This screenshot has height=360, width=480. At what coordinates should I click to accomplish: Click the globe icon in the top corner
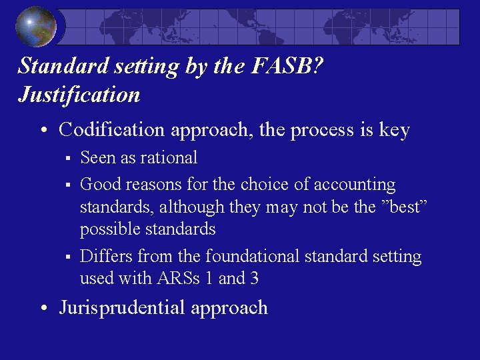coord(37,27)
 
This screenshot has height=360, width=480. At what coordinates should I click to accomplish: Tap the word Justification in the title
coord(79,95)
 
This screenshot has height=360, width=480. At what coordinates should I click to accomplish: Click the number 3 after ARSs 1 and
coord(253,279)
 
